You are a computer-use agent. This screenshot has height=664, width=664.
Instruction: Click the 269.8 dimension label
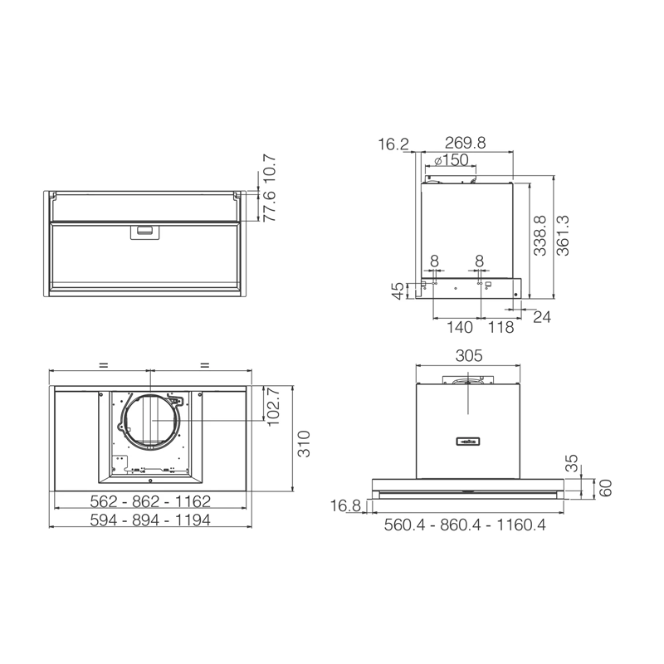click(x=465, y=143)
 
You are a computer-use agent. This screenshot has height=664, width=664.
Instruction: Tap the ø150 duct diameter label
click(x=452, y=160)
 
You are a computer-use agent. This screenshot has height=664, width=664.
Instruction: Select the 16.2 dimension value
click(x=393, y=144)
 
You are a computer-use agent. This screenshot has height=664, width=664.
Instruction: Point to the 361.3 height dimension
click(x=563, y=236)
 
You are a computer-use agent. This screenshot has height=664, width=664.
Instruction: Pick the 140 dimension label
click(x=460, y=327)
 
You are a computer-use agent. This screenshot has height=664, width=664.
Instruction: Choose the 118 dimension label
click(x=501, y=327)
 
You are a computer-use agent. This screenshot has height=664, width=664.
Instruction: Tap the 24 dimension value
click(x=542, y=317)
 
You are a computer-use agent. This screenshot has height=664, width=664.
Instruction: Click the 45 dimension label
click(x=398, y=291)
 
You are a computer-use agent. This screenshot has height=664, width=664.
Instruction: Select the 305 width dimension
click(x=469, y=356)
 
